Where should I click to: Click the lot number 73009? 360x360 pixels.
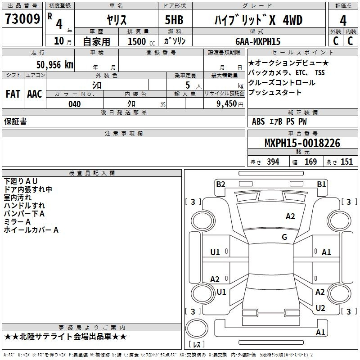point(22,20)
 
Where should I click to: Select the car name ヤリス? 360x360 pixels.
point(116,20)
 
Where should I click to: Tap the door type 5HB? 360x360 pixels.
point(174,20)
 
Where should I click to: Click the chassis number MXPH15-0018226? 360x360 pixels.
point(302,143)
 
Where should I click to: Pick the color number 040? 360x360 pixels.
point(75,104)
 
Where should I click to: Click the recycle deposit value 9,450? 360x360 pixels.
point(227,104)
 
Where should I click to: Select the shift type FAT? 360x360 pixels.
point(13,94)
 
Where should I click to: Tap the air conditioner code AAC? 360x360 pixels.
point(35,94)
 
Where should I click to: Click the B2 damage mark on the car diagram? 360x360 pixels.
point(220,184)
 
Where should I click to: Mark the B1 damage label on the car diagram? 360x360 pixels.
point(321,184)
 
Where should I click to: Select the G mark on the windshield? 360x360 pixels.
point(284,237)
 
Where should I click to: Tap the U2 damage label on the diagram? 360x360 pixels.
point(320,308)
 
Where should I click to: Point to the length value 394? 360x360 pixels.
point(273,162)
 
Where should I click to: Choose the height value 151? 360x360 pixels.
point(346,162)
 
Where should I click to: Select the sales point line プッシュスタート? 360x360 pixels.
point(275,93)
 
